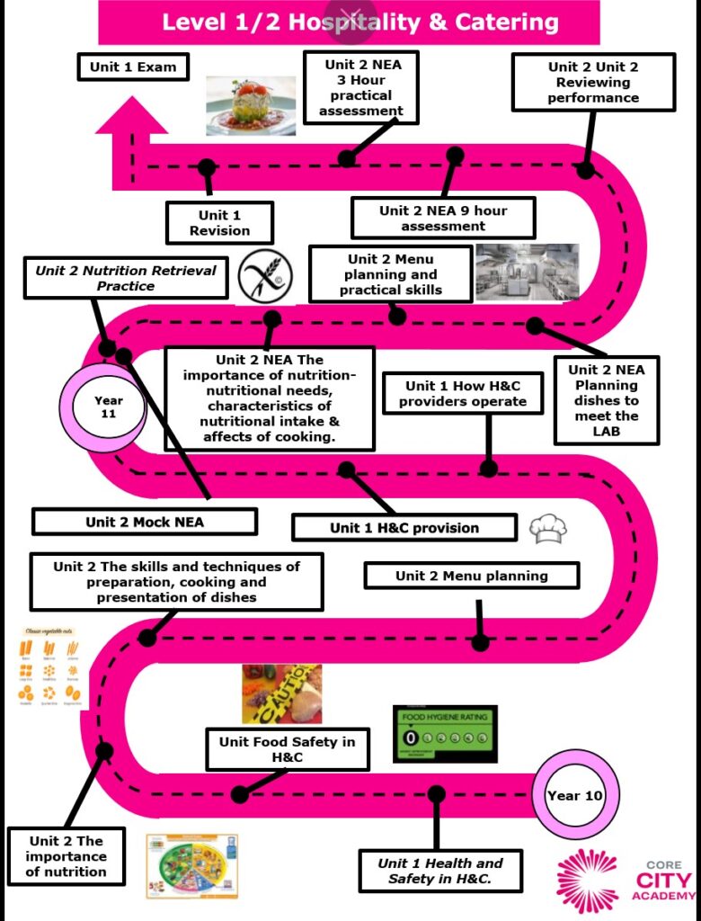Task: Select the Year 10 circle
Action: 575,795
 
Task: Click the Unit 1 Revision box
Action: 219,222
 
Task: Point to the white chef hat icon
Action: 548,529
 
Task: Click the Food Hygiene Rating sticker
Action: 445,733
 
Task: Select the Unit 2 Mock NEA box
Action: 145,522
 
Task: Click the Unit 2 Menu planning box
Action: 471,576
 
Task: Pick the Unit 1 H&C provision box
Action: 404,528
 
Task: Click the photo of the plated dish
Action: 251,105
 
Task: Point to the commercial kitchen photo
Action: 528,272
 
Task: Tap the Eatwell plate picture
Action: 192,865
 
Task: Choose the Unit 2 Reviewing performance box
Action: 593,82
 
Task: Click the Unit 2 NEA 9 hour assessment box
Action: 443,218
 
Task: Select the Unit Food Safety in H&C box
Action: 288,749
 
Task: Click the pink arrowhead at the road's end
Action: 131,118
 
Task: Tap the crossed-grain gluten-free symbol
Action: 265,278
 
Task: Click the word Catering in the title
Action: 492,22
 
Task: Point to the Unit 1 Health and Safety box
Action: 440,870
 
